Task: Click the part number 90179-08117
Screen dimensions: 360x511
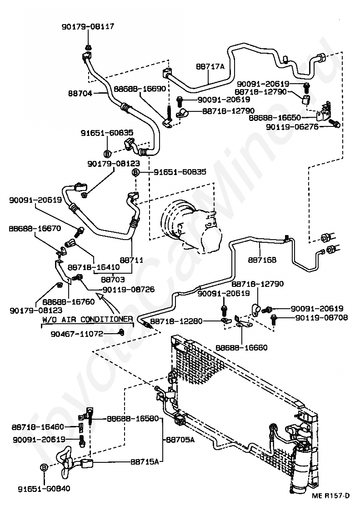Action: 88,26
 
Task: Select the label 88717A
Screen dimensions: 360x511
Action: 210,66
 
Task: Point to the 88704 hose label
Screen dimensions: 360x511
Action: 80,93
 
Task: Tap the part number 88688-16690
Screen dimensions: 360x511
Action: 140,89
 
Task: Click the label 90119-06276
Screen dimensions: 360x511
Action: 292,126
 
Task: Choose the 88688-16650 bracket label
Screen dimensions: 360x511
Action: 275,118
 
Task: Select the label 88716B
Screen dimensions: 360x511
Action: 262,260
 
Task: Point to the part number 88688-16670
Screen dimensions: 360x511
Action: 35,229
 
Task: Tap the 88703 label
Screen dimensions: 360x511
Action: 113,279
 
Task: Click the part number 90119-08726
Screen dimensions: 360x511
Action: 128,290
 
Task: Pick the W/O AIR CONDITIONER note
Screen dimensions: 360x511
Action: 87,319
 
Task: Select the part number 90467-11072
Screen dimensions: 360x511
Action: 77,334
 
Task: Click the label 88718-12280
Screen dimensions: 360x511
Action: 176,321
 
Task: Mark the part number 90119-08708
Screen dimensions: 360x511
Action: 321,317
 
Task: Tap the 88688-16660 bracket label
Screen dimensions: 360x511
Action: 241,347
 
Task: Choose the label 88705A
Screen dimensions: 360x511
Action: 180,440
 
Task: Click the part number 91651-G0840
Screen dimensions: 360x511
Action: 44,489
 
